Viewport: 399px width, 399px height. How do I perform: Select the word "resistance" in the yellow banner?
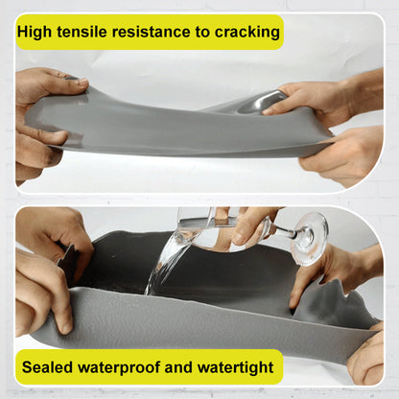(x=157, y=32)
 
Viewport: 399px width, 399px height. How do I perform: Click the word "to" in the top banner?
(x=204, y=32)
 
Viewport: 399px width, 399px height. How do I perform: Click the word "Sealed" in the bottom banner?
(x=48, y=366)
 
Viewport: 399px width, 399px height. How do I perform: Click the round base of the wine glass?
(x=310, y=237)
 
